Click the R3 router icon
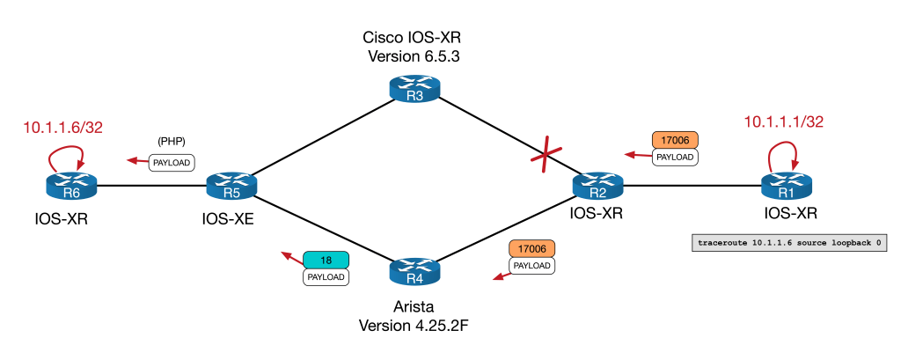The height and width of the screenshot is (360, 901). click(416, 89)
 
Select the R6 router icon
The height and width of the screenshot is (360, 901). click(71, 186)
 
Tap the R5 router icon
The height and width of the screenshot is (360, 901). click(231, 186)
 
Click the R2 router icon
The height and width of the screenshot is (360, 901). click(598, 186)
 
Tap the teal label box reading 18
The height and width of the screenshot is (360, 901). click(326, 260)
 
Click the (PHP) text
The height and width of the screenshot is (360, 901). click(171, 141)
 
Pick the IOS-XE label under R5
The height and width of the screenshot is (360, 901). click(224, 217)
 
